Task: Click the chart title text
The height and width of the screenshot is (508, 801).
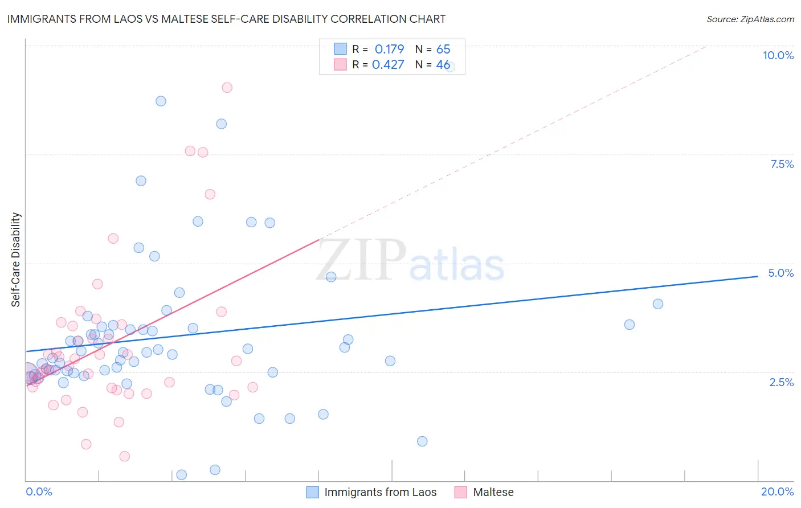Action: (226, 19)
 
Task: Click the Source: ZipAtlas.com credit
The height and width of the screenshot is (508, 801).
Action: (750, 19)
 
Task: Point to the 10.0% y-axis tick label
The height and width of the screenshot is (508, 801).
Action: (778, 55)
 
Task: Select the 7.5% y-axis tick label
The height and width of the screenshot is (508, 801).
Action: (782, 164)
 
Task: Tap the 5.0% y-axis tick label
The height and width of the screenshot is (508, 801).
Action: (780, 273)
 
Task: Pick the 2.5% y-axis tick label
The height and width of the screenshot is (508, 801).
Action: (781, 382)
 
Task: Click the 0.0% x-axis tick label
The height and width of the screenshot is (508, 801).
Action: (39, 491)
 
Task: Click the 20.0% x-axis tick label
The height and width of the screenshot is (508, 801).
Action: (777, 491)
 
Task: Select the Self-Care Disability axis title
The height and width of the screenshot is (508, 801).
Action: (16, 260)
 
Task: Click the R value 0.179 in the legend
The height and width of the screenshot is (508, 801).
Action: (389, 50)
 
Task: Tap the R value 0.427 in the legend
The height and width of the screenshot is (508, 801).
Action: (388, 65)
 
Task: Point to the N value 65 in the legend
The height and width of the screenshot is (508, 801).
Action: (443, 50)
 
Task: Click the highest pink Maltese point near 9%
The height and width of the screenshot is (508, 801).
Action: (227, 88)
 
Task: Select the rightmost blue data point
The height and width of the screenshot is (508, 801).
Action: (657, 304)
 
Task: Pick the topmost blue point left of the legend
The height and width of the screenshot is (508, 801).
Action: (161, 101)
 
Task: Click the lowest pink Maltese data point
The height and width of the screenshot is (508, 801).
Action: (124, 456)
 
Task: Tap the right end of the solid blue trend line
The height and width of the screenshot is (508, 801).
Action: (758, 276)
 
